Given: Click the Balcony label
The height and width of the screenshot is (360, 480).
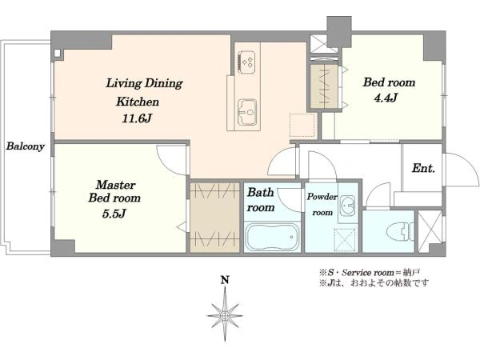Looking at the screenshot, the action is coord(26,146).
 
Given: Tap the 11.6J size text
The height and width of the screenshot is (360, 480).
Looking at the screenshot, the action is coord(137,118).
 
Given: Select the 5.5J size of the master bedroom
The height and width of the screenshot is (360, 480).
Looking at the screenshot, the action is coord(114,214).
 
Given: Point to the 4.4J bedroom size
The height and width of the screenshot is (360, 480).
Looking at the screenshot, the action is coord(386,98).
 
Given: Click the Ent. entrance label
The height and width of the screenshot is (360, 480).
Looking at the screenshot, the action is coord(423,168).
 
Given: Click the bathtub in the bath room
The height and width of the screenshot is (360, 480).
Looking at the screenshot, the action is coord(273,237).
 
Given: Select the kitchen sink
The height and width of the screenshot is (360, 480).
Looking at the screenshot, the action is coord(247,112).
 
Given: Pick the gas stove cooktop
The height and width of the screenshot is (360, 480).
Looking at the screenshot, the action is coord(246,62).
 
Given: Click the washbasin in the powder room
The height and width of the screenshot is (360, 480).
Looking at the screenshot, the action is coord(348,204).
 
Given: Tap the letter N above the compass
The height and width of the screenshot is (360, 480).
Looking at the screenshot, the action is coord(225,280).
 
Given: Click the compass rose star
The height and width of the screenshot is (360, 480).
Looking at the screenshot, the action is coord(225,315).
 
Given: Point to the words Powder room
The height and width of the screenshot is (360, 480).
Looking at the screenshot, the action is coord(322,204).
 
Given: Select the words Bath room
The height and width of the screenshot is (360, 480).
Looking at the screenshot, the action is coord(261,199).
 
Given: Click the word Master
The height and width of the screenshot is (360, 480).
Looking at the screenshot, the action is coord(115,185).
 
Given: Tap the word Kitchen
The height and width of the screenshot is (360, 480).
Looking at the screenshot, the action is coord(138,102).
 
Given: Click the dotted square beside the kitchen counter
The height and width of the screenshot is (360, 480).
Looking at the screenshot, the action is coord(302,126).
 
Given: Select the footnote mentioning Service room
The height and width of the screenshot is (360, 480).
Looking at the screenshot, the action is coord(370,272).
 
